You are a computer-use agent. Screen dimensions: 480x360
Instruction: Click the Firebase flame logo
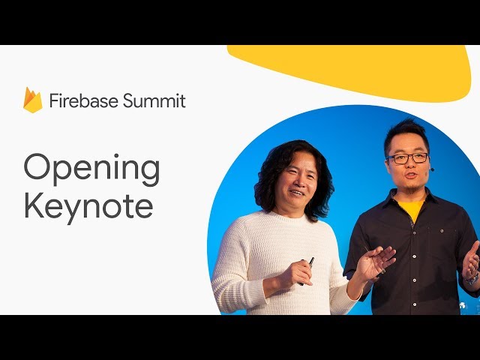tap(33, 100)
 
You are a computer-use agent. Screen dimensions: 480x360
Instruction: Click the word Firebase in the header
tap(84, 100)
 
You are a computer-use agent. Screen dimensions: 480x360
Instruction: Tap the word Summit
tap(154, 100)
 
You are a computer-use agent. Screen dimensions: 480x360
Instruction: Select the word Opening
tap(91, 169)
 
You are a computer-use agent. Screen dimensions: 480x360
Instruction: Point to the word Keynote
tap(88, 205)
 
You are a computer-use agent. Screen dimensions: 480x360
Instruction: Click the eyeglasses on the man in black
tap(407, 158)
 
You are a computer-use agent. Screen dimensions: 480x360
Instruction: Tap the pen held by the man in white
tap(307, 271)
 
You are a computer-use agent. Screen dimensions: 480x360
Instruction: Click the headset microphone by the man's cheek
tap(432, 169)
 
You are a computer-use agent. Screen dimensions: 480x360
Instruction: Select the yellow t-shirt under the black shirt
tap(412, 209)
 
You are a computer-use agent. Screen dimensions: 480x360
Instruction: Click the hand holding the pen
tap(296, 273)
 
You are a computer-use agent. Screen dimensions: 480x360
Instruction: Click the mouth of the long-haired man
tap(297, 193)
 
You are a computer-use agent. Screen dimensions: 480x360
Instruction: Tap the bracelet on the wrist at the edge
tap(472, 279)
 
